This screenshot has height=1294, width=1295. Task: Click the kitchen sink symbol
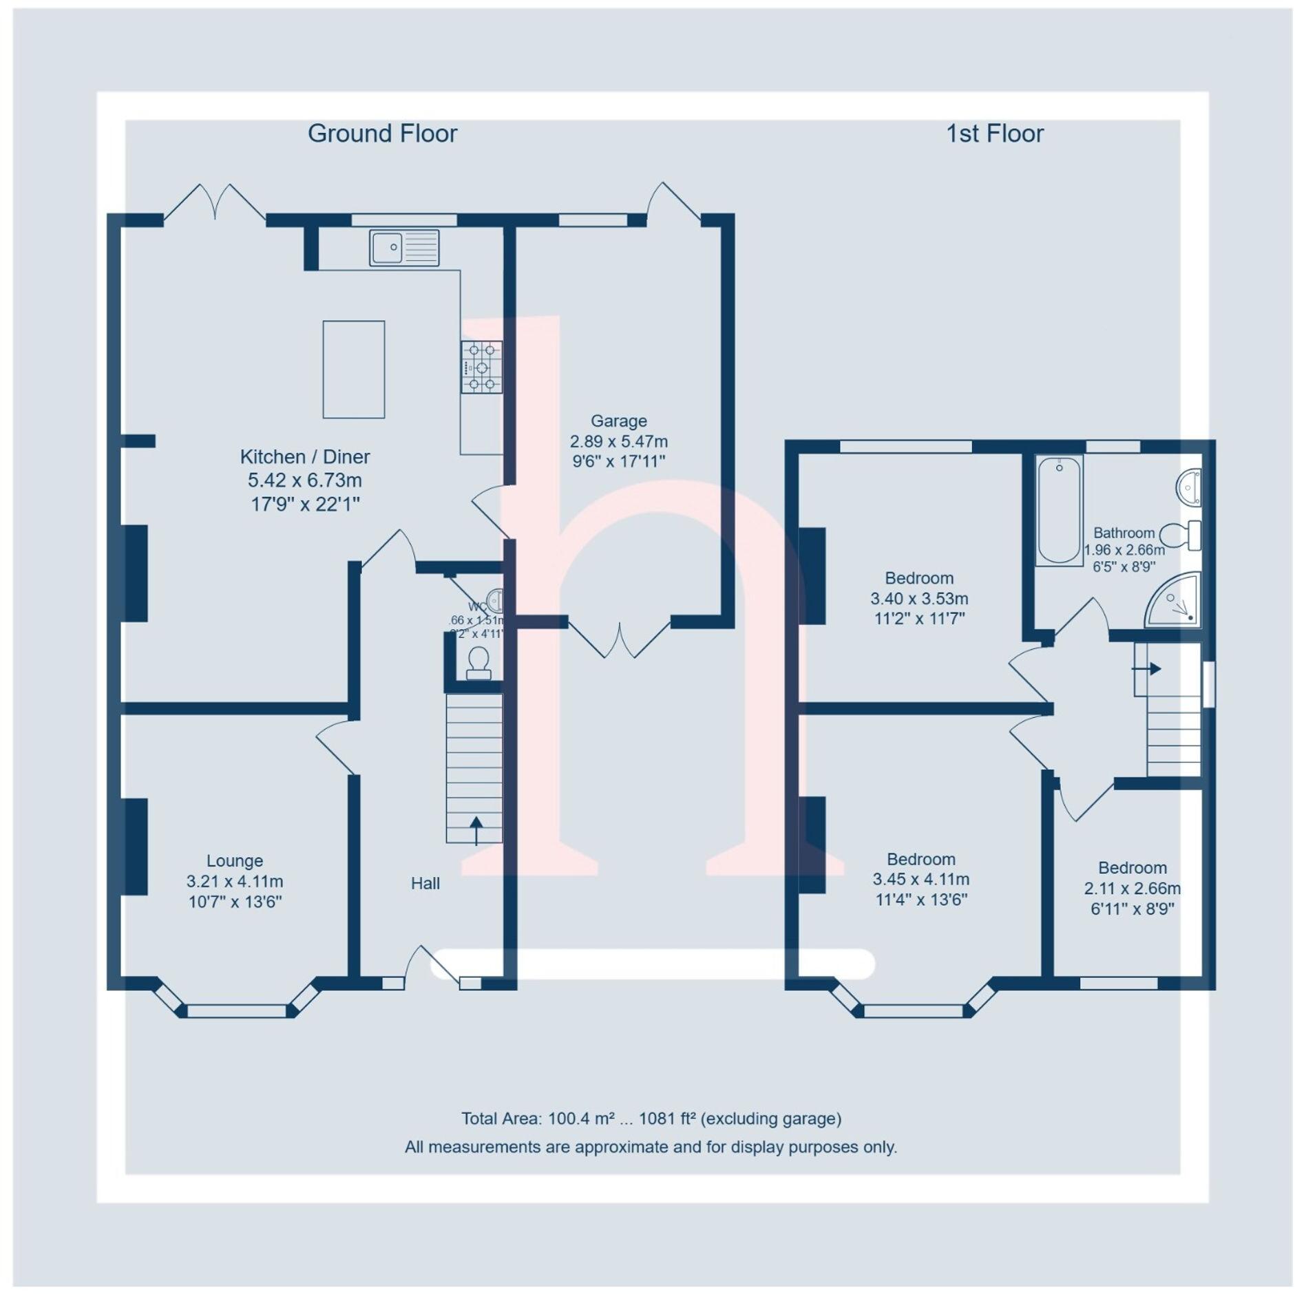(404, 247)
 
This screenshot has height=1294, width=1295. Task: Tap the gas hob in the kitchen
(481, 368)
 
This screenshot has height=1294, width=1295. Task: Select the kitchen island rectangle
(353, 369)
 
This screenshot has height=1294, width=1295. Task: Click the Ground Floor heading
(382, 134)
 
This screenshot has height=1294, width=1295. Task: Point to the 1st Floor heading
(994, 134)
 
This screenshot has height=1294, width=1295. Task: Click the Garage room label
(618, 421)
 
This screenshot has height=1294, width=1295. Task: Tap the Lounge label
(235, 860)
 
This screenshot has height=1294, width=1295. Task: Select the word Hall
(425, 883)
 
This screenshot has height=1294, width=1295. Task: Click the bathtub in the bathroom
(1059, 510)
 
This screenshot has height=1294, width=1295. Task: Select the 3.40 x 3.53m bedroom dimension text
(918, 598)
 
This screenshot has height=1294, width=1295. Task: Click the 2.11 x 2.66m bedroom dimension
(1132, 888)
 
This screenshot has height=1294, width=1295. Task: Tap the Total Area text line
(651, 1118)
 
